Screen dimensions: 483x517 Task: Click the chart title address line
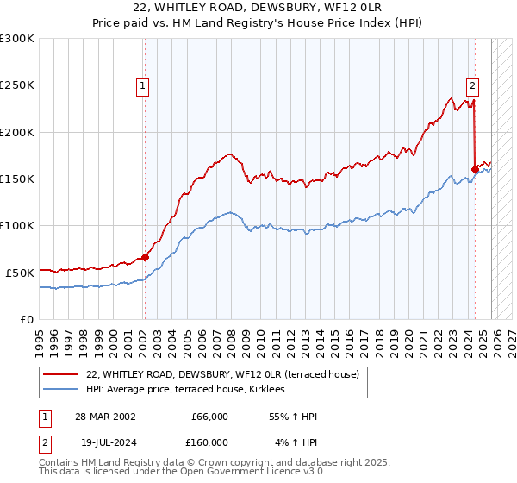pos(258,8)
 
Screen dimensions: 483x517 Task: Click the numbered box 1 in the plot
pos(141,85)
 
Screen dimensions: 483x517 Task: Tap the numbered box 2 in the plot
pos(473,85)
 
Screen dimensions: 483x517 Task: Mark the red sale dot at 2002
pos(146,257)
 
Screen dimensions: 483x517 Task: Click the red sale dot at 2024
pos(475,169)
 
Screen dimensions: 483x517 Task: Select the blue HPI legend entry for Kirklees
pos(191,390)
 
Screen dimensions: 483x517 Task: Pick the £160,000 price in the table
pos(209,442)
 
